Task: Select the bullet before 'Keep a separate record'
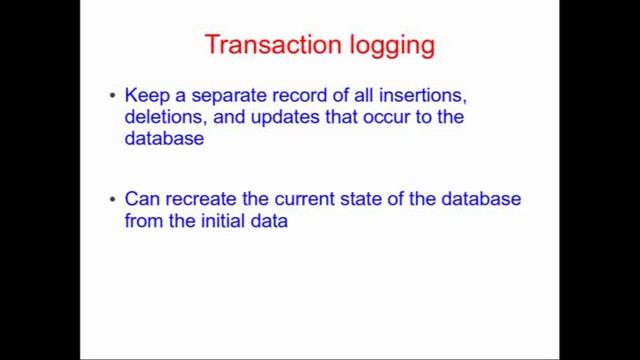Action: coord(112,96)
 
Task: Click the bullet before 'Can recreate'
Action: coord(112,199)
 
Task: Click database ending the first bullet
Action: coord(164,139)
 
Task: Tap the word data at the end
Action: coord(270,221)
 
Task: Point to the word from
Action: coord(143,221)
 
